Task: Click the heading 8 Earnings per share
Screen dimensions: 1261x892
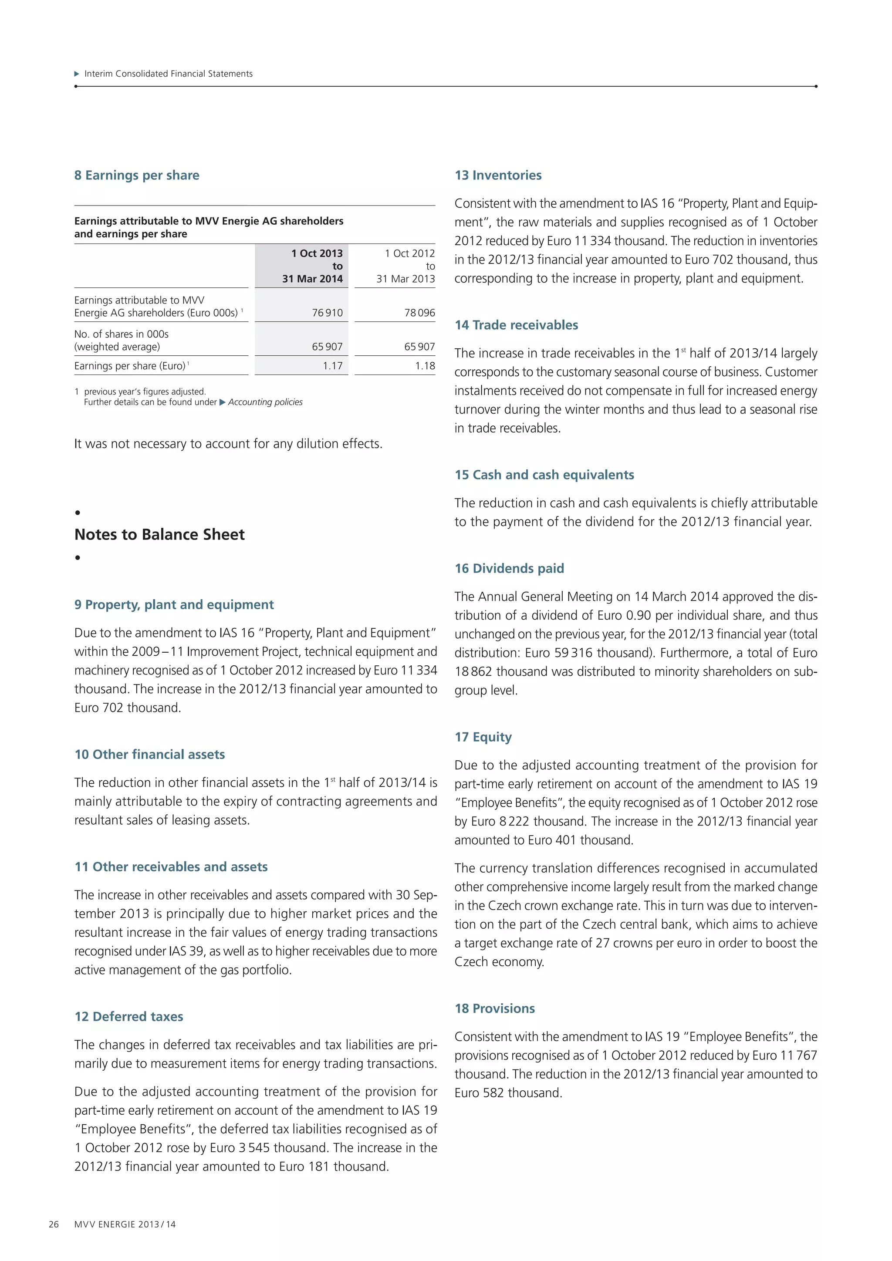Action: tap(137, 175)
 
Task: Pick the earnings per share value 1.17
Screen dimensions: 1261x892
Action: tap(332, 366)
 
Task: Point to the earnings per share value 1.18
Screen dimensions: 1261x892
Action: tap(425, 366)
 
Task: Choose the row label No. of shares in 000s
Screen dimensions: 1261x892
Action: tap(122, 334)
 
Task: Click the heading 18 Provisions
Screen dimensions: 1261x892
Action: tap(494, 1008)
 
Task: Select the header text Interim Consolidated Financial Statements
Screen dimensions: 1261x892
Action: tap(168, 74)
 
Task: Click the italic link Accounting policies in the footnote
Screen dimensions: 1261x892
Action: tap(265, 402)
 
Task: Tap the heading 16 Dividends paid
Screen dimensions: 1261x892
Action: tap(509, 568)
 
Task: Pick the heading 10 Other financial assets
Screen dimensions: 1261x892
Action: tap(149, 754)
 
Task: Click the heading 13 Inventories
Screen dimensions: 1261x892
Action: tap(498, 175)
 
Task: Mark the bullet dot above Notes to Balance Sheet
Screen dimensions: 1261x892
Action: tap(78, 512)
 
